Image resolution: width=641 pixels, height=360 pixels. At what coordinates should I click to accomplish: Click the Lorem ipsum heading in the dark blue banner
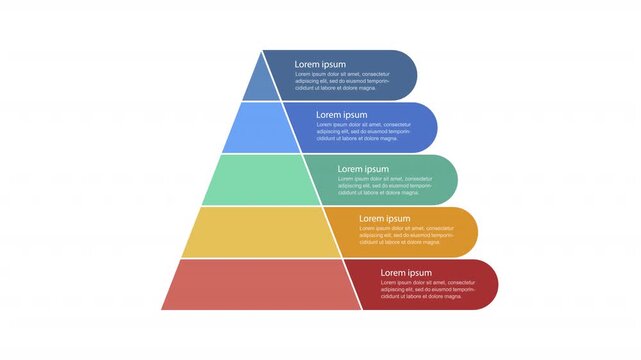click(x=319, y=64)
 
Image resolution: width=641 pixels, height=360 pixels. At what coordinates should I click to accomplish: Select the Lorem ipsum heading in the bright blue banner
click(x=341, y=115)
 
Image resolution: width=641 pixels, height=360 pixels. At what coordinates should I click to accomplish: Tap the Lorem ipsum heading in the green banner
click(x=363, y=169)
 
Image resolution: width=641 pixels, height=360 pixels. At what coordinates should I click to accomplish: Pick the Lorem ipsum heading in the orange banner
click(x=384, y=218)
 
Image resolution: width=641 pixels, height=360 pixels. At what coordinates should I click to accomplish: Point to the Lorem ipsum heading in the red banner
click(x=406, y=272)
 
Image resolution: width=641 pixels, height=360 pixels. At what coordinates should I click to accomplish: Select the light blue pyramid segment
click(x=258, y=128)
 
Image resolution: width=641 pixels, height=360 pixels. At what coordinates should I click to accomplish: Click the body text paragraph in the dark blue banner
click(x=341, y=81)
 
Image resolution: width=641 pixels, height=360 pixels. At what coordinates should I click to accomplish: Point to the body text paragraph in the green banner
click(x=384, y=185)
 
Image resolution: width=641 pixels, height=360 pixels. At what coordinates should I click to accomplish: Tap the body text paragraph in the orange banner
click(x=405, y=235)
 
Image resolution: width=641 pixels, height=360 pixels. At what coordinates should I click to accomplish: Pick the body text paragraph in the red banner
click(x=426, y=289)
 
